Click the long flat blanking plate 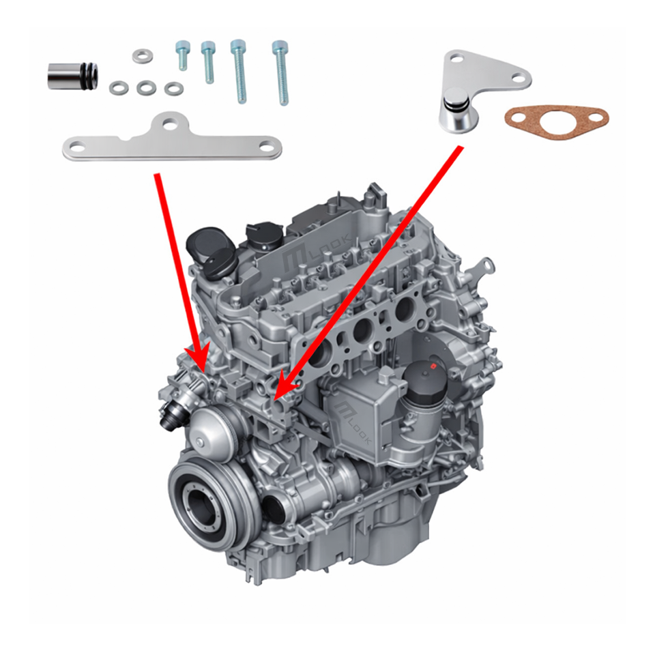click(172, 141)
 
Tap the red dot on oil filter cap click(434, 367)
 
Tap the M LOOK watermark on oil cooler click(351, 422)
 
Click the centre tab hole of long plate click(170, 123)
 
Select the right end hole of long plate click(266, 147)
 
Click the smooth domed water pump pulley click(210, 431)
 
